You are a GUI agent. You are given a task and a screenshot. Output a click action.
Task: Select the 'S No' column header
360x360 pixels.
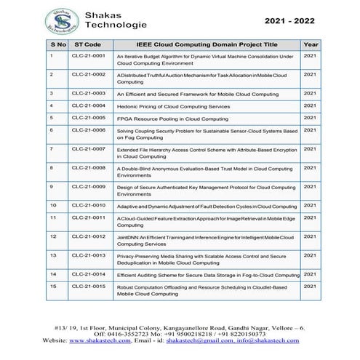pos(58,44)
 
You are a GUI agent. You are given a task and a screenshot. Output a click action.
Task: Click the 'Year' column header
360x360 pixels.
pos(311,44)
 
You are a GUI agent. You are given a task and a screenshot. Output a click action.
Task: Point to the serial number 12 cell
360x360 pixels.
pos(53,236)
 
